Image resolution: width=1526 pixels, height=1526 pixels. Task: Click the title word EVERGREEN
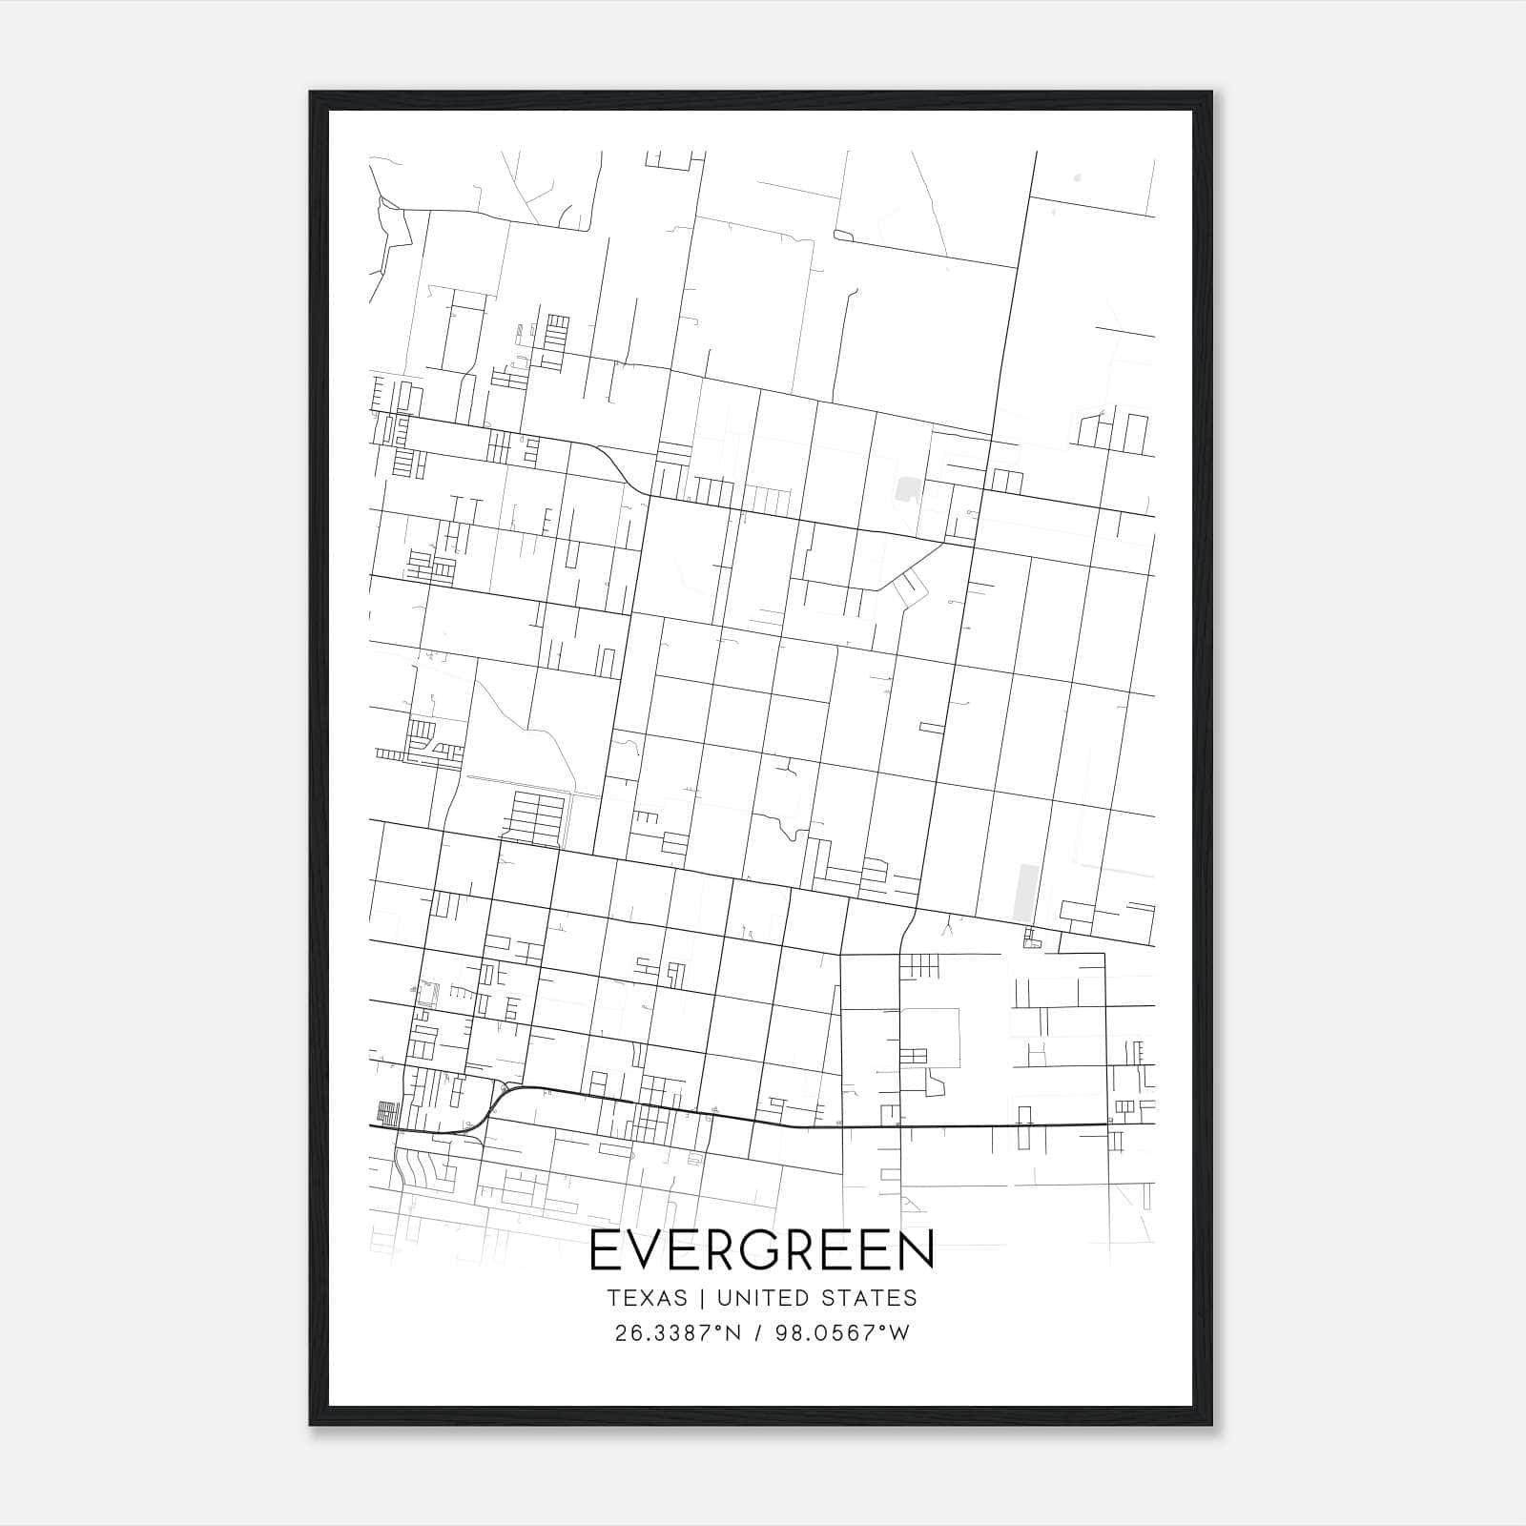(762, 1250)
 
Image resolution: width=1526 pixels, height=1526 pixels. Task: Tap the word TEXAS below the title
(646, 1298)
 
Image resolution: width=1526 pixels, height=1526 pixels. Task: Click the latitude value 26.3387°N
(678, 1332)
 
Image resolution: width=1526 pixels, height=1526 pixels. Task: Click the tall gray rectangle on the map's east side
(1025, 893)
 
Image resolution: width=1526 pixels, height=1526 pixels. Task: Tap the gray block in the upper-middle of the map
(905, 490)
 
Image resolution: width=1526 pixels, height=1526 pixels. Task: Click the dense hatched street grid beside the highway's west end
(387, 1113)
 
